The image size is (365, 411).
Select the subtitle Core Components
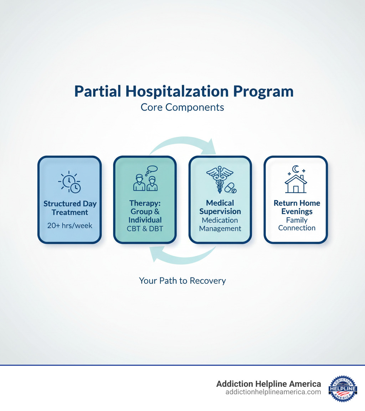[182, 107]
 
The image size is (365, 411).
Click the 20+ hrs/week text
[70, 225]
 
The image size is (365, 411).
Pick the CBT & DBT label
[145, 229]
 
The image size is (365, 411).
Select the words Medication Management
[220, 224]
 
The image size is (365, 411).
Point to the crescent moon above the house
[295, 169]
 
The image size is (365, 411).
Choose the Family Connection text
[297, 224]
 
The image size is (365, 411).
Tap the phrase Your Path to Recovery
[182, 281]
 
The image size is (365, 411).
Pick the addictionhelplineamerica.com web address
[273, 392]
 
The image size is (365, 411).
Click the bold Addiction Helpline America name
[268, 384]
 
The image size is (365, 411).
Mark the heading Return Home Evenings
[297, 207]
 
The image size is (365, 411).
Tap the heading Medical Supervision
[220, 207]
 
